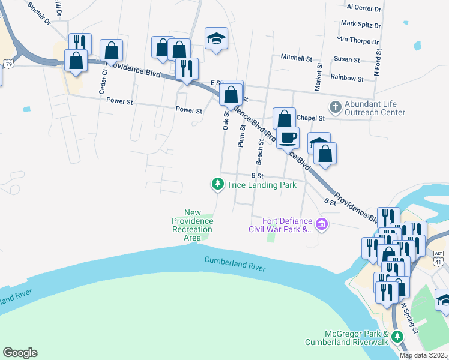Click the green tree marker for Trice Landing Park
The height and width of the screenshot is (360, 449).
point(218,185)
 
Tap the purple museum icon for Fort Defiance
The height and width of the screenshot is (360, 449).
point(322,226)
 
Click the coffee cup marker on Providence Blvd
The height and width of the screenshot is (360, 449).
point(288,137)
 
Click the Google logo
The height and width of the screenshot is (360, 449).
point(20,353)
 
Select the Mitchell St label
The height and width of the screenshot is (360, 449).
point(297,58)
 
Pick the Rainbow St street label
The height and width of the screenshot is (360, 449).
point(347,79)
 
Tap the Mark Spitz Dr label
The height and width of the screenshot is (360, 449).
point(360,25)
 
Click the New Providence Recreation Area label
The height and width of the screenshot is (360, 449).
point(192,226)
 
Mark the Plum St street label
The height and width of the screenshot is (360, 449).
point(242,136)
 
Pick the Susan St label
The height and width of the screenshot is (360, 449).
point(347,60)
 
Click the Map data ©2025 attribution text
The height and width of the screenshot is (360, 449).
point(423,355)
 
